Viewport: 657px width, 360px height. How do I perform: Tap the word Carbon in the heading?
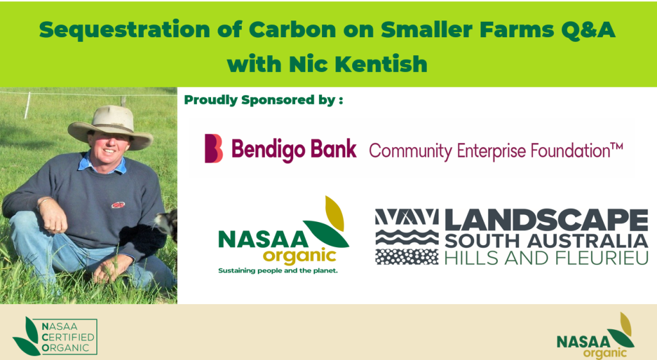click(x=293, y=30)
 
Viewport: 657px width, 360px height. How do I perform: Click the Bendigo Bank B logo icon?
click(x=213, y=148)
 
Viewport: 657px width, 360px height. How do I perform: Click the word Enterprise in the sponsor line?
click(x=491, y=151)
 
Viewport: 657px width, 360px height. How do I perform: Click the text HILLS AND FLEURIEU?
click(x=547, y=258)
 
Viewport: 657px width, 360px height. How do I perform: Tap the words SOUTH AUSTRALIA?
click(x=547, y=241)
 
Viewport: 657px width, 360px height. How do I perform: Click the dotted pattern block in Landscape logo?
click(x=406, y=257)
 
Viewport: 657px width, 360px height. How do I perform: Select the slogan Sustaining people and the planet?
click(x=278, y=271)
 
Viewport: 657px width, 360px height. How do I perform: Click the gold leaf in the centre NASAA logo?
click(x=335, y=213)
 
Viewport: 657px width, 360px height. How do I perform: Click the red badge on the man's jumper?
click(x=118, y=205)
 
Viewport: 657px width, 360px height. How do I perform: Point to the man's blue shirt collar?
click(x=101, y=164)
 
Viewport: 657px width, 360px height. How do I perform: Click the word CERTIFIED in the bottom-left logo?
click(x=68, y=338)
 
